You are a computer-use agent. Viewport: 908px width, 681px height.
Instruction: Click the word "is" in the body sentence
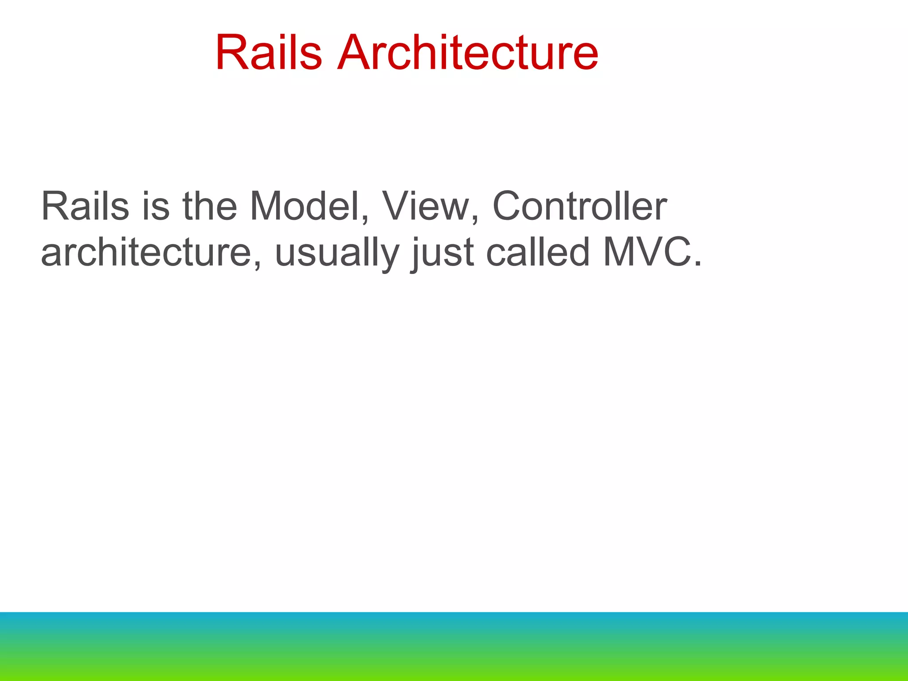click(156, 206)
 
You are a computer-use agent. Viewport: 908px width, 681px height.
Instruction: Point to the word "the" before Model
click(210, 206)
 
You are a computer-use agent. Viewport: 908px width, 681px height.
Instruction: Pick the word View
click(425, 206)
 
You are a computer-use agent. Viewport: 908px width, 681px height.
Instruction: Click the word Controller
click(579, 206)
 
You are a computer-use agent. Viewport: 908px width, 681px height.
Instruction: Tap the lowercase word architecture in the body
click(146, 253)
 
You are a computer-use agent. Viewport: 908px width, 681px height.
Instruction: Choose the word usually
click(337, 253)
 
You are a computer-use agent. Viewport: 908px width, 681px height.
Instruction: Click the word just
click(443, 253)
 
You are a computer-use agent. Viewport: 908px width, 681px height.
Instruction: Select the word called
click(538, 253)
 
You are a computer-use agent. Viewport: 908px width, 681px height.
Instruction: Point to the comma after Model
click(364, 220)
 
